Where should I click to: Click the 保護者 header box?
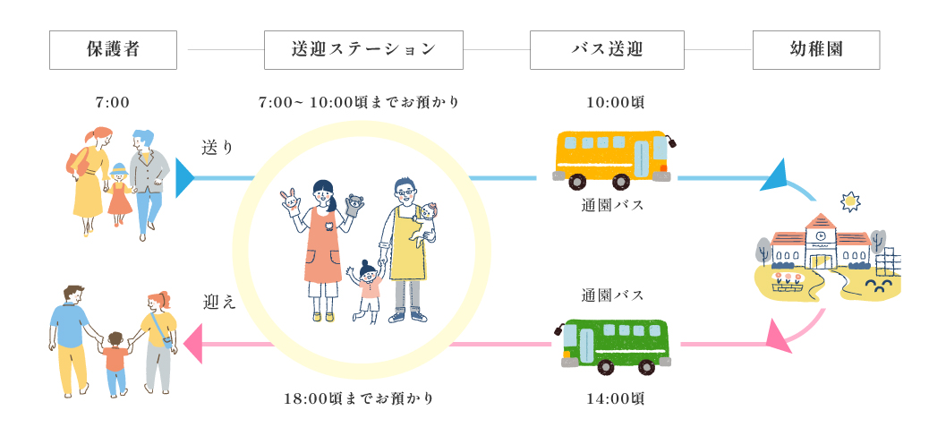(x=113, y=50)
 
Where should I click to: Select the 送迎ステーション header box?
(x=363, y=50)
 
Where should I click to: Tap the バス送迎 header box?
(x=607, y=50)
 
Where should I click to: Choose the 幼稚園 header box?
(x=816, y=50)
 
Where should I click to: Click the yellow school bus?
(x=612, y=159)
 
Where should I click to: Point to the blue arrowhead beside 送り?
(x=184, y=177)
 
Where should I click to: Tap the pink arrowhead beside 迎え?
(x=192, y=344)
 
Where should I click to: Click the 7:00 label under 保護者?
(x=113, y=102)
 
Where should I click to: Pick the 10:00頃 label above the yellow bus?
(x=615, y=102)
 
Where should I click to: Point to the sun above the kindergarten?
(x=849, y=202)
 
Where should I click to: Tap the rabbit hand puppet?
(x=289, y=199)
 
